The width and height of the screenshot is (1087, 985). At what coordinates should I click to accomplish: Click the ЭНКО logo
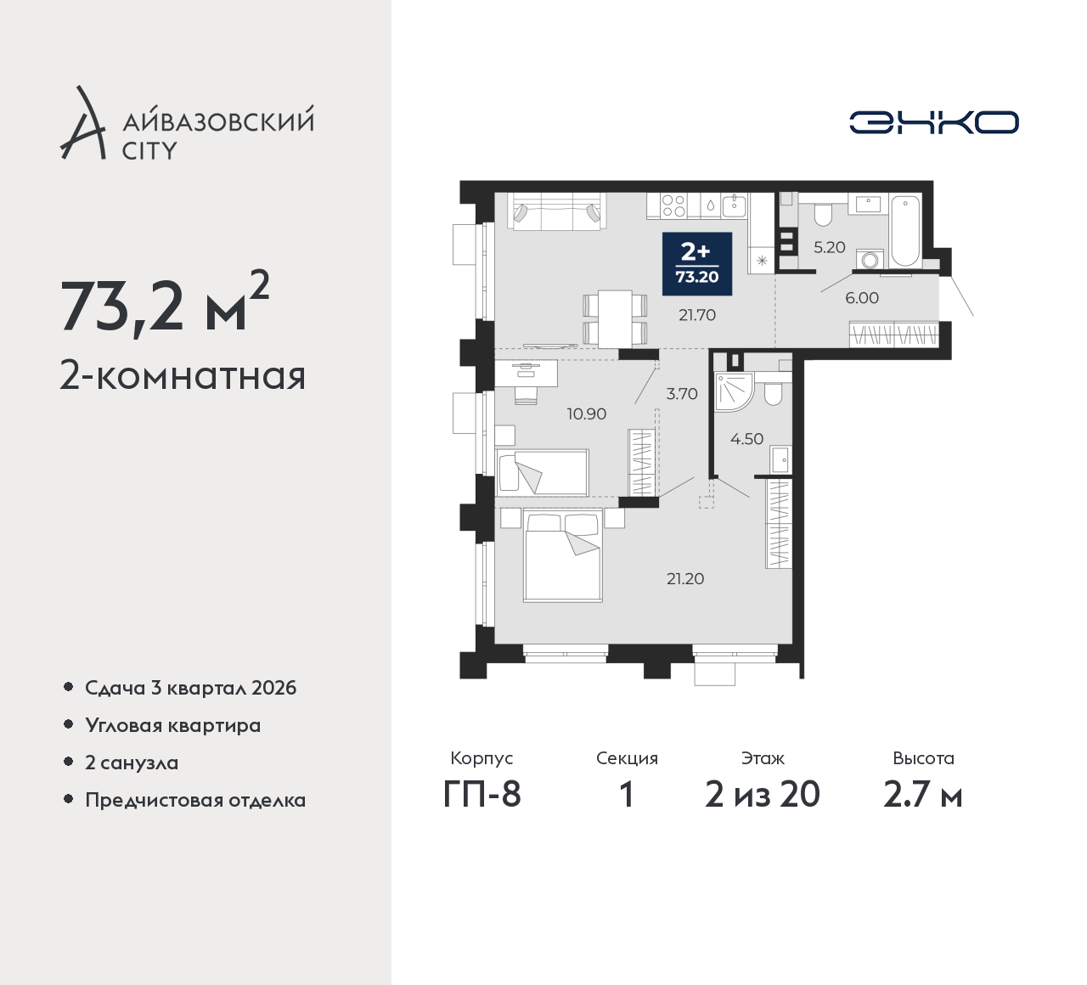(933, 122)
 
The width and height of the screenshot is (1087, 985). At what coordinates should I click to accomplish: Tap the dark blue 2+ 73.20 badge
(697, 264)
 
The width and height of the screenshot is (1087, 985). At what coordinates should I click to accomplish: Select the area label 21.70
(697, 315)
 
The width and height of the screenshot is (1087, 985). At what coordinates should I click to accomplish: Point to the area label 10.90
(586, 414)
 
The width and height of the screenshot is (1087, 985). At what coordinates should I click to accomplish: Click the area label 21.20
(685, 578)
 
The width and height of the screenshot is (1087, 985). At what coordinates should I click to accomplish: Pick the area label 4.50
(746, 438)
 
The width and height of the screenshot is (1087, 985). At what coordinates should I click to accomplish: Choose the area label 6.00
(862, 297)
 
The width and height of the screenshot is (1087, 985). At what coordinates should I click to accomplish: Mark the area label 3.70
(682, 393)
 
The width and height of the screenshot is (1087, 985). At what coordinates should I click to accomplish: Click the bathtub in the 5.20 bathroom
(905, 231)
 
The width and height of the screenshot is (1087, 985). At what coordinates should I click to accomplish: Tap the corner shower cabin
(733, 391)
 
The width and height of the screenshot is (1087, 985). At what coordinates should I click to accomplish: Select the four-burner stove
(673, 205)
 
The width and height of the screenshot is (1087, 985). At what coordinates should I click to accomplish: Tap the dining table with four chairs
(615, 318)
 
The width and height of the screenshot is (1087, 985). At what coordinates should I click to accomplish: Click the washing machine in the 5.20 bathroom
(870, 259)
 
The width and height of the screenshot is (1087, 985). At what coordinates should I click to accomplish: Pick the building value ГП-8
(482, 795)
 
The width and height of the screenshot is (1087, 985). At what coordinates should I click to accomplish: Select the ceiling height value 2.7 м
(923, 795)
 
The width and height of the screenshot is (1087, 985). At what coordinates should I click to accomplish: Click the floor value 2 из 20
(763, 795)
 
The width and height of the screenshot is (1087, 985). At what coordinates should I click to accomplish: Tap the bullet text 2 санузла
(132, 763)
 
